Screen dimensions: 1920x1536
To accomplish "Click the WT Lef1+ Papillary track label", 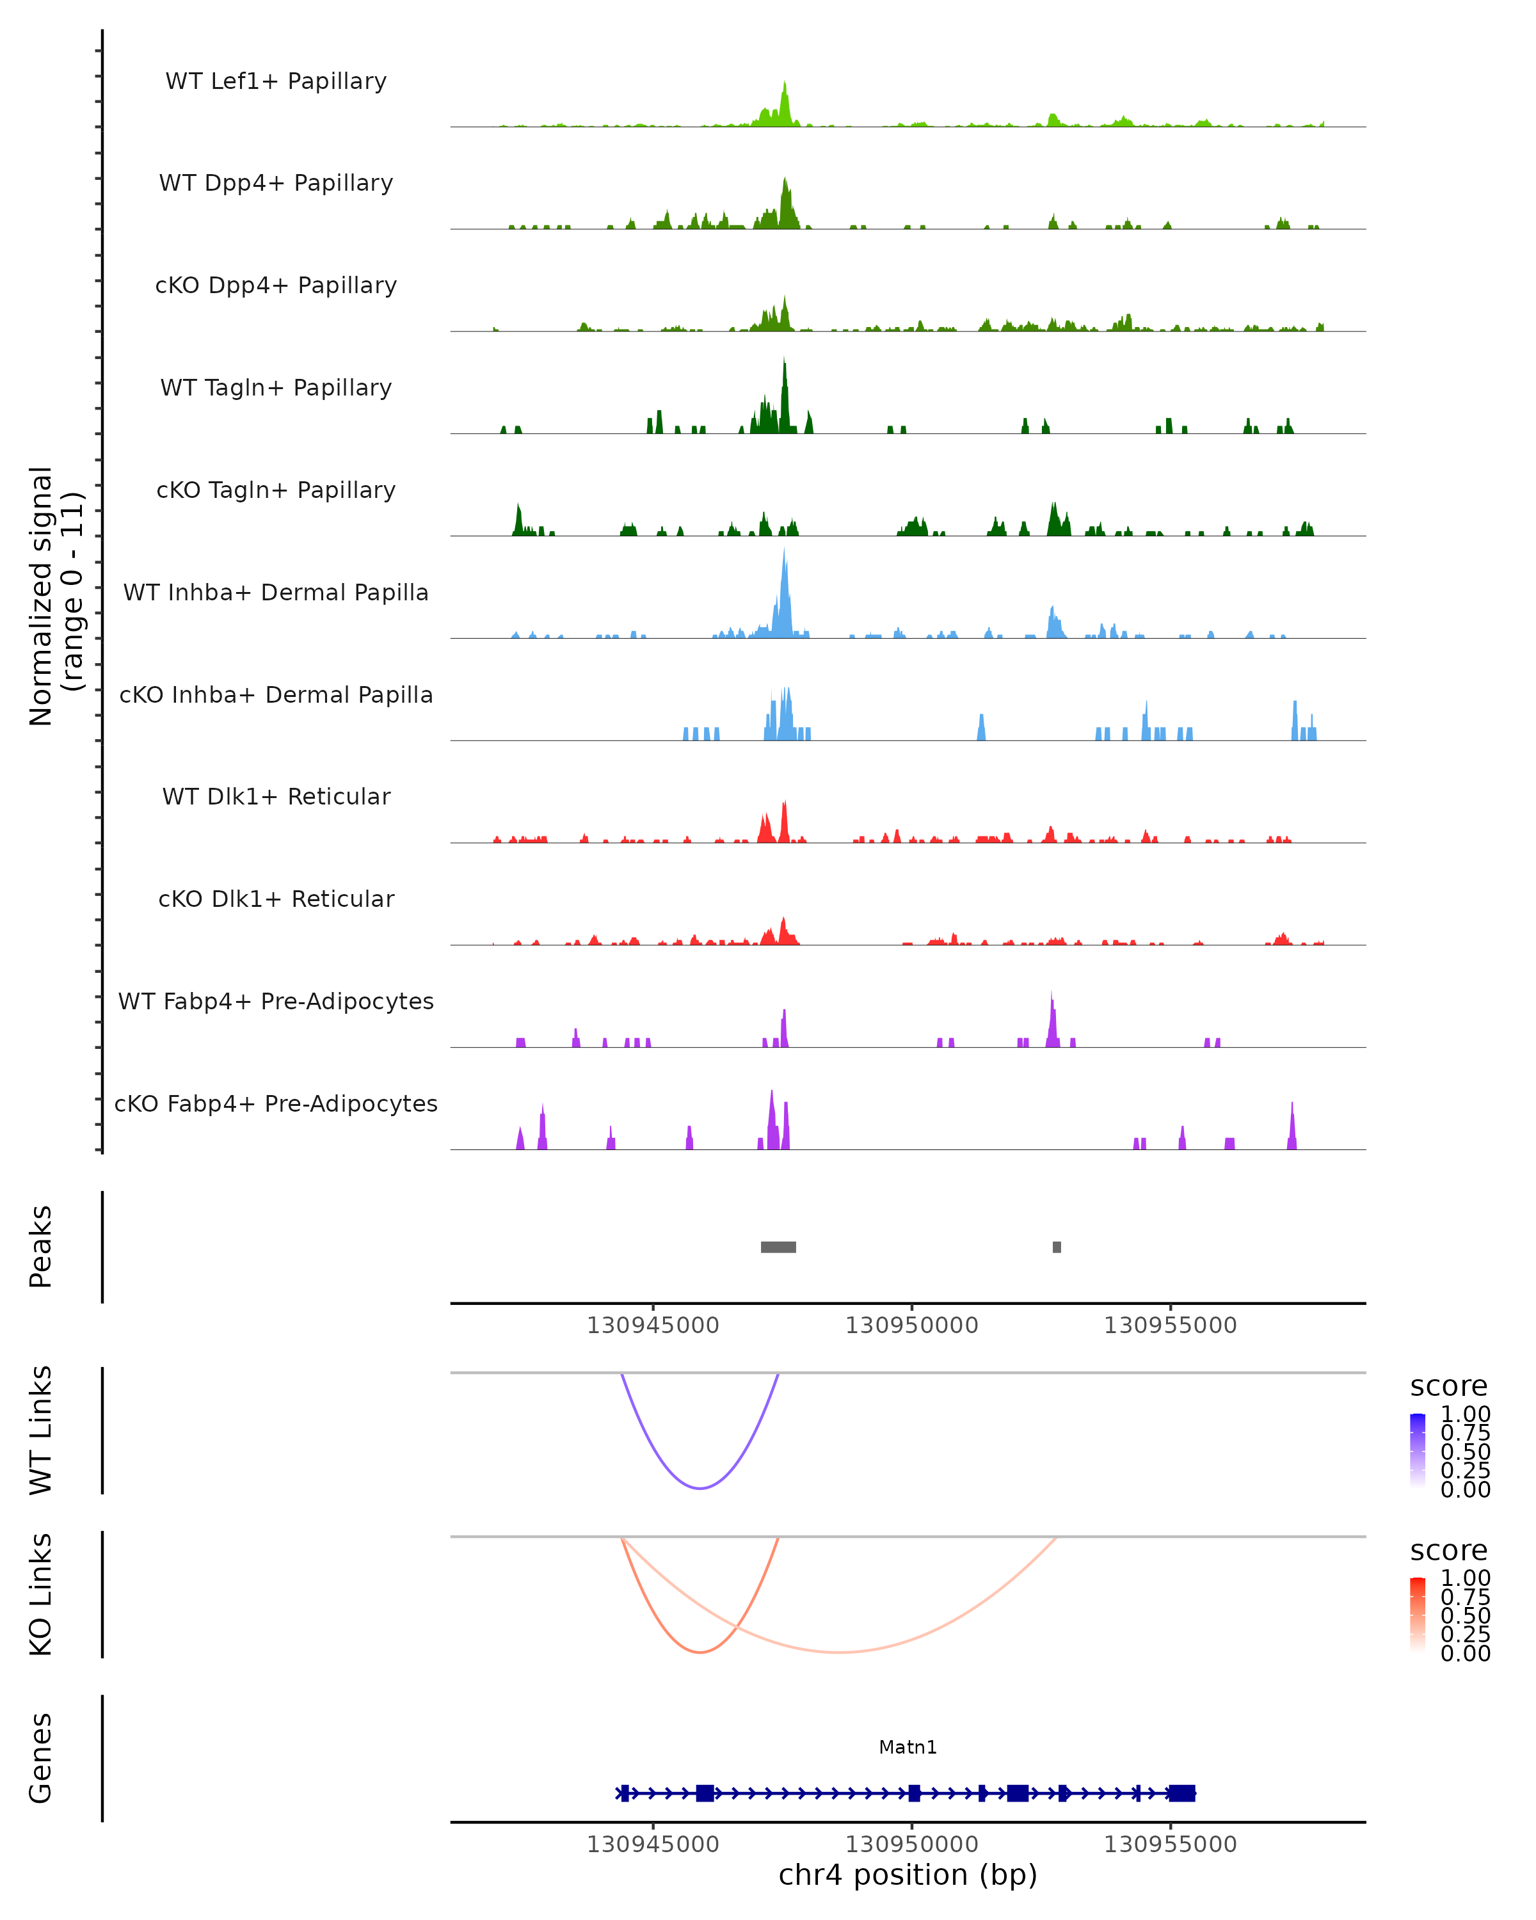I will (x=276, y=81).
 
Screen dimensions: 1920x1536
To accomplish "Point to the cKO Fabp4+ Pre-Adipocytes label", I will (x=276, y=1103).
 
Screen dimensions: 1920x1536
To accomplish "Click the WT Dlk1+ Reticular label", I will (x=276, y=796).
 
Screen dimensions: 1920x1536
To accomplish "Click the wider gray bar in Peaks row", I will (x=778, y=1247).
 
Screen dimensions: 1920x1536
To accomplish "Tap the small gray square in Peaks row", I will (x=1057, y=1247).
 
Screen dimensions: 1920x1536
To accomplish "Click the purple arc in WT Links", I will (x=701, y=1488).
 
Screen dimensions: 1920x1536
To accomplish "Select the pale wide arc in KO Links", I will (x=840, y=1652).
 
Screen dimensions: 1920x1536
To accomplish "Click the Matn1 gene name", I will (x=908, y=1747).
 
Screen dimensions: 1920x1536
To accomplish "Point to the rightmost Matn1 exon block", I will (x=1181, y=1793).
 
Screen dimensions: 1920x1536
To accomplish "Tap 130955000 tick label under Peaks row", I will (x=1170, y=1325).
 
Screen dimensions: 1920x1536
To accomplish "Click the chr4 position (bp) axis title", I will (x=908, y=1875).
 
